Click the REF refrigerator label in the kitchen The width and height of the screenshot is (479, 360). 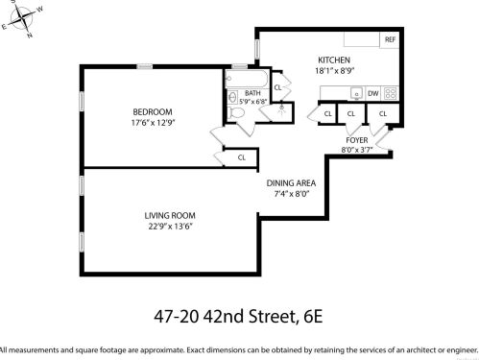coord(390,40)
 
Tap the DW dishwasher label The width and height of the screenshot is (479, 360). coord(373,93)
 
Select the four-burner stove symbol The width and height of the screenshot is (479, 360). coord(391,93)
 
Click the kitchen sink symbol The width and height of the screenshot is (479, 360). coord(355,93)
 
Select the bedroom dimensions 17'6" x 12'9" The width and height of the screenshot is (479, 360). coord(152,122)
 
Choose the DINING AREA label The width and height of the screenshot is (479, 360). coord(288,182)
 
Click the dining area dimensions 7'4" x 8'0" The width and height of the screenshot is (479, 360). coord(288,193)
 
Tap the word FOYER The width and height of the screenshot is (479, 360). coord(355,140)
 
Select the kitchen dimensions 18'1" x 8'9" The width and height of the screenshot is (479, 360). coord(336,70)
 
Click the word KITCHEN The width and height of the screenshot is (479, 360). coord(336,60)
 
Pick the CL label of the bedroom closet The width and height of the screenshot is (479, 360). coord(242,157)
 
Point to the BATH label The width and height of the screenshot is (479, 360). coord(252,92)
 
